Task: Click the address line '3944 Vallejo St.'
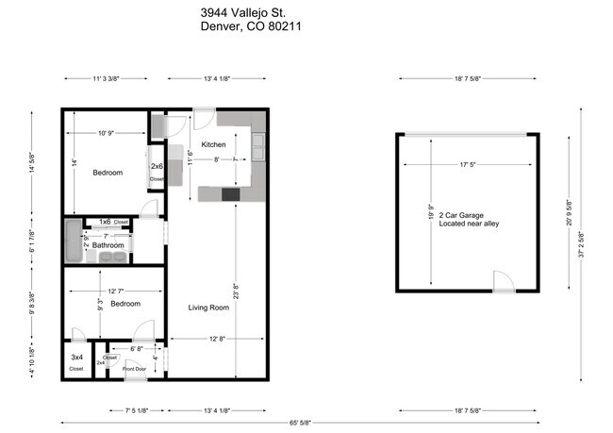[x=244, y=12]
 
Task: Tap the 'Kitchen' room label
[x=213, y=144]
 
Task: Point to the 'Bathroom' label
[x=108, y=245]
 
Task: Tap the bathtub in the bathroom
[x=74, y=241]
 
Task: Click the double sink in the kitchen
[x=257, y=145]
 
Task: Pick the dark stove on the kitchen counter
[x=231, y=194]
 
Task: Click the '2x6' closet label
[x=157, y=167]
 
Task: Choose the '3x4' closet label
[x=76, y=358]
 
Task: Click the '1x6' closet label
[x=105, y=222]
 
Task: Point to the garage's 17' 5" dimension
[x=469, y=165]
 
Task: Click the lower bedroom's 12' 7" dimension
[x=114, y=291]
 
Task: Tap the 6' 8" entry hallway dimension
[x=136, y=348]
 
